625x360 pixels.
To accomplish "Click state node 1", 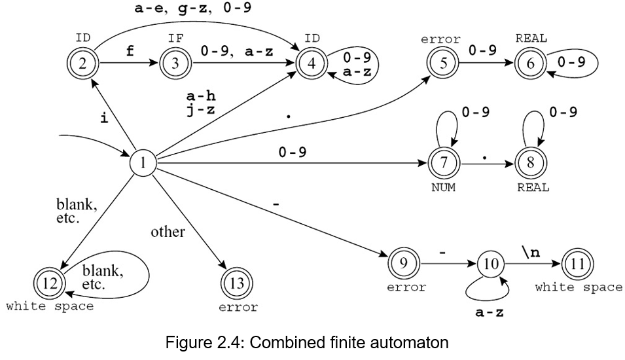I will pos(143,162).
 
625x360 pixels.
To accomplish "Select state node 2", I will pos(83,63).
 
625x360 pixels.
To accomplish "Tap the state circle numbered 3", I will pos(175,63).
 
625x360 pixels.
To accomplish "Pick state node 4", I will pos(312,63).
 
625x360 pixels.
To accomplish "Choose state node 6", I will pos(531,63).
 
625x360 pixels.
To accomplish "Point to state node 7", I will pos(444,163).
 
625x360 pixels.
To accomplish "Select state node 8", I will pos(531,163).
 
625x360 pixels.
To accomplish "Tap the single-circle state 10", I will pos(491,264).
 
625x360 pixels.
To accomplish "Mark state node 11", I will pos(577,264).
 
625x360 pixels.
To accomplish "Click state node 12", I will pos(50,283).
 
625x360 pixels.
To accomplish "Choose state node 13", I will pos(237,283).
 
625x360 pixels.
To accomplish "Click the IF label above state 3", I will pos(175,39).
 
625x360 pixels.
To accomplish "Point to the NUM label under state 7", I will pos(443,188).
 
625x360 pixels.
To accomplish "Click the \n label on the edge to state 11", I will pos(530,251).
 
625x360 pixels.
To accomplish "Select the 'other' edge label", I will pos(168,232).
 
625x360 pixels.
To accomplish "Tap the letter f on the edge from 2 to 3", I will pos(130,52).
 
